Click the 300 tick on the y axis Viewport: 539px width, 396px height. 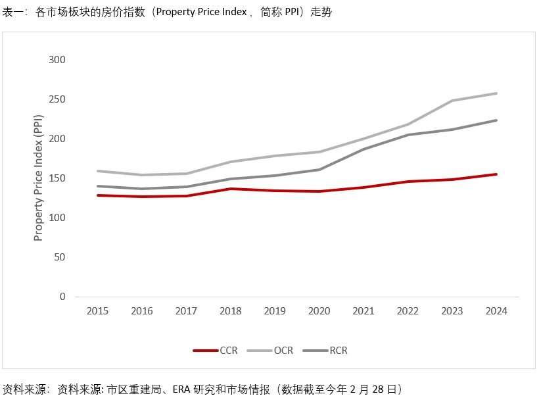point(57,60)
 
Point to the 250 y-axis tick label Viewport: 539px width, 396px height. point(57,99)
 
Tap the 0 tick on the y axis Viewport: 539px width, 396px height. point(62,297)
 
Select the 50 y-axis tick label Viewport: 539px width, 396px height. point(60,257)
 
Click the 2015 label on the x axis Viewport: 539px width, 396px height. point(97,311)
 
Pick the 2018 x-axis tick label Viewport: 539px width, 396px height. point(231,311)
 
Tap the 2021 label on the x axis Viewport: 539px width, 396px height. point(363,311)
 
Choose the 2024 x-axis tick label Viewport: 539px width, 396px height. point(496,311)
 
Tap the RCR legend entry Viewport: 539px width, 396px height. point(326,351)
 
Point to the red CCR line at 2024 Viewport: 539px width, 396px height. point(496,174)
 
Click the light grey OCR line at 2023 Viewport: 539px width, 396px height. point(452,101)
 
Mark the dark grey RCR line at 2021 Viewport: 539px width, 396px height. point(363,149)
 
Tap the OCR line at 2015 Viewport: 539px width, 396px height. point(97,171)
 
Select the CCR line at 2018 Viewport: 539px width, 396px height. point(231,189)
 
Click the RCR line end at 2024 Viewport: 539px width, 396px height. point(496,120)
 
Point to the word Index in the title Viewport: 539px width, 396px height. point(231,12)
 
